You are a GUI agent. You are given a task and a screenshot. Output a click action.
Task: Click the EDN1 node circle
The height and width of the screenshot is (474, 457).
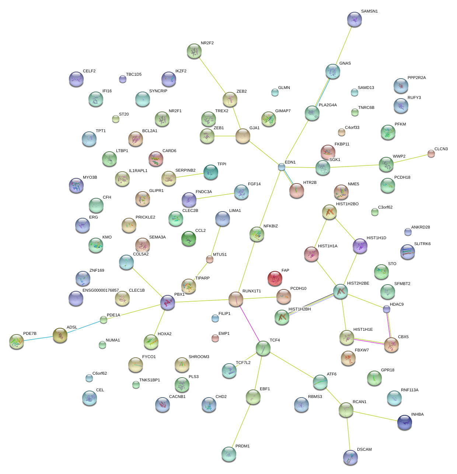tap(282, 167)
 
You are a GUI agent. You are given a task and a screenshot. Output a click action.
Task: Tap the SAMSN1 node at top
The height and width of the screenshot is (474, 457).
tap(355, 19)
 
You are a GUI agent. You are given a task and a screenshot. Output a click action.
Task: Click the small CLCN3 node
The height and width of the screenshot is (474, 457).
tap(431, 154)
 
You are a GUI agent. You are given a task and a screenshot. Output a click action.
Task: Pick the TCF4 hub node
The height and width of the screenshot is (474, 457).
tap(263, 348)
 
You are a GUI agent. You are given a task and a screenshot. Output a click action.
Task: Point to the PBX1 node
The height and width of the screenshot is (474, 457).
tap(168, 302)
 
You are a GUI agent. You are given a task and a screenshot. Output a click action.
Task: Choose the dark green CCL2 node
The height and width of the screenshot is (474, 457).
tap(189, 238)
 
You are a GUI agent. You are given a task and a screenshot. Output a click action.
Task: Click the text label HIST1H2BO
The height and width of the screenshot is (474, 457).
tap(347, 204)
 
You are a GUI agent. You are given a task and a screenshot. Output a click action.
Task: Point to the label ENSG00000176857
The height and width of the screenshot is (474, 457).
tap(101, 291)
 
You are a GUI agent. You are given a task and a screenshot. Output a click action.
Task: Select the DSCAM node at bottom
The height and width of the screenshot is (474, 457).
tap(350, 457)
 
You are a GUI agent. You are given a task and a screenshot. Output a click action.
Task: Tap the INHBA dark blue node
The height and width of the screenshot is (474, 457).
tap(404, 422)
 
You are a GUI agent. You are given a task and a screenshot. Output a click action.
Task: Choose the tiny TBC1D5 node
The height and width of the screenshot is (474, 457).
tap(123, 79)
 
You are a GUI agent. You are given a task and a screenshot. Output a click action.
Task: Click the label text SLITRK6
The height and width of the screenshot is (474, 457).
tap(422, 244)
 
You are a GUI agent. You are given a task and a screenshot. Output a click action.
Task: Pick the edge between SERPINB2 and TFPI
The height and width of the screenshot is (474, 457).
tap(190, 175)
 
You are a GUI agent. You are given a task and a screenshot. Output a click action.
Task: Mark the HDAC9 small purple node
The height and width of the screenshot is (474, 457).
tap(386, 309)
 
